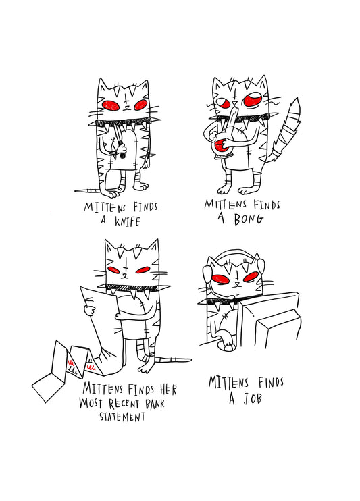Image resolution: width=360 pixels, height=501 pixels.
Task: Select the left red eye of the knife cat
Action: pos(111,105)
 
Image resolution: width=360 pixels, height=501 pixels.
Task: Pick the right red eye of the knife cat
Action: pos(140,105)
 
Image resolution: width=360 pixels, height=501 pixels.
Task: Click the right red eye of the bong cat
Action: pos(254,101)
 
